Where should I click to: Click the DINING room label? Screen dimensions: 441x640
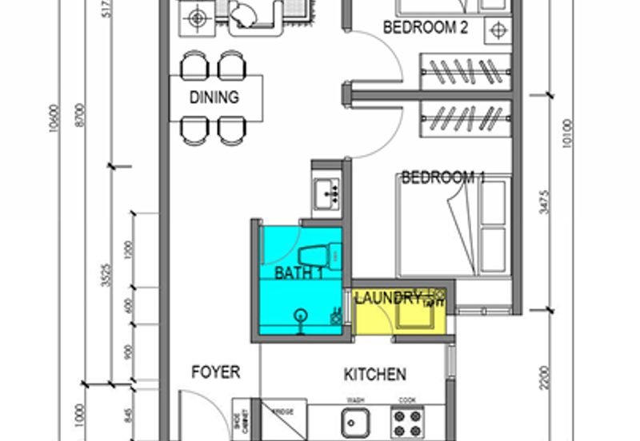[x=214, y=97]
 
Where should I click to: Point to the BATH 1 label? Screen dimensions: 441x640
[x=298, y=273]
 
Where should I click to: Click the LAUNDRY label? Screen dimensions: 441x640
[x=388, y=299]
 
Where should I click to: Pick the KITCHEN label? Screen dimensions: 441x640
[x=374, y=374]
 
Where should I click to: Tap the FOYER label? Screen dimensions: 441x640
[x=216, y=372]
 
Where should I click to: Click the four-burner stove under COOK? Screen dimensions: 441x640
[x=408, y=421]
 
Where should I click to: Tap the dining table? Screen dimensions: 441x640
[x=216, y=97]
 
